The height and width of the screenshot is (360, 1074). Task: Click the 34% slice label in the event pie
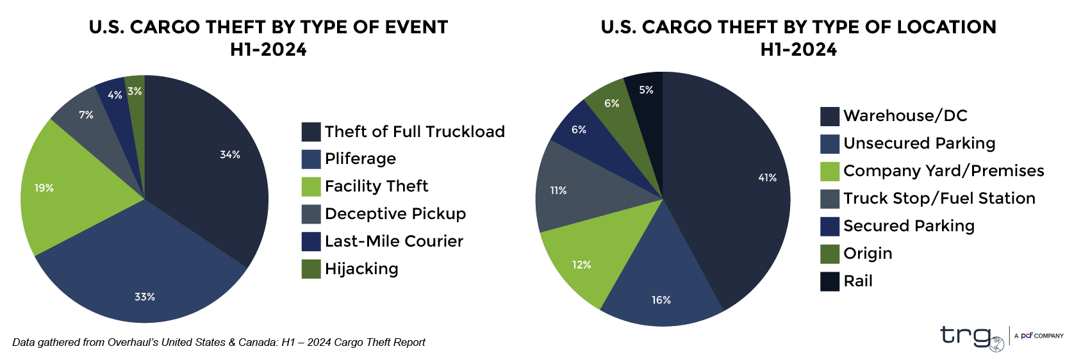pos(230,154)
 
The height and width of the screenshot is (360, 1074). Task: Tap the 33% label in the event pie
pos(145,297)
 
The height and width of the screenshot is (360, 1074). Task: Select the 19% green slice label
pos(44,188)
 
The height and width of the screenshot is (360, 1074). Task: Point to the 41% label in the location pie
pos(768,177)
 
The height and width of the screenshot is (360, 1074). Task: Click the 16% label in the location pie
pos(661,300)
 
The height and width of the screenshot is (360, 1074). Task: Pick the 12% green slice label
pos(582,265)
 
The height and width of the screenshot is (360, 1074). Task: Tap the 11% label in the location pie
pos(558,190)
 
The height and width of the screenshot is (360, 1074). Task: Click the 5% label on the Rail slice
pos(646,90)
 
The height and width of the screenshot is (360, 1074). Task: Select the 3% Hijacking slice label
pos(135,91)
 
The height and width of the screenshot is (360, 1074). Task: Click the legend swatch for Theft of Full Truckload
pos(311,132)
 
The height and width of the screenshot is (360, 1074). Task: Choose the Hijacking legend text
pos(361,269)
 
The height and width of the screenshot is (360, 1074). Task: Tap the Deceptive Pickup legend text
pos(395,214)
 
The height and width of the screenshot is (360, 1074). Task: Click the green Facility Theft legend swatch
pos(311,186)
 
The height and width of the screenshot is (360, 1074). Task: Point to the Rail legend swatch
pos(830,281)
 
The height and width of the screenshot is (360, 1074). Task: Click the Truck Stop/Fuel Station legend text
pos(939,199)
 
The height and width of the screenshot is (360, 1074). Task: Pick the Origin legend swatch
pos(830,254)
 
